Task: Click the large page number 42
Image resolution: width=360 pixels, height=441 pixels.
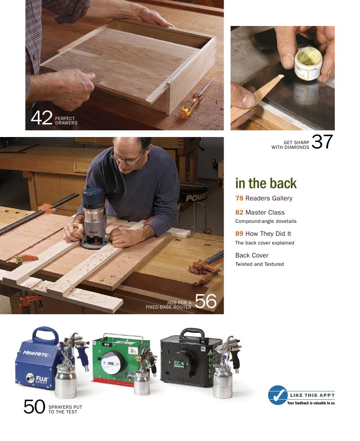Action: tap(41, 118)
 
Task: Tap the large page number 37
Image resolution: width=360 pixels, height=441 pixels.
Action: tap(322, 142)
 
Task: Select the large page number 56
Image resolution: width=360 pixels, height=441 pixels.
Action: tap(206, 302)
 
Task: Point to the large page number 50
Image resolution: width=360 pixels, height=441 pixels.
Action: tap(34, 407)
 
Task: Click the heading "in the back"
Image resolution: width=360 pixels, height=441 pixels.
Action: tap(266, 183)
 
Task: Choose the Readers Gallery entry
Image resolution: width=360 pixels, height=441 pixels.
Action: tap(264, 198)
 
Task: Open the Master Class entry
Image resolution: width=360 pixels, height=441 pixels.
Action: tap(260, 213)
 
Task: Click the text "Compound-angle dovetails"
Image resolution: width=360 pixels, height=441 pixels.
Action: tap(266, 221)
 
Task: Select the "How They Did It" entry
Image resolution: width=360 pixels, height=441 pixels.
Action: tap(263, 234)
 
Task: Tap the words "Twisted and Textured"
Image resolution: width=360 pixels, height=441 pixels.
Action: tap(260, 264)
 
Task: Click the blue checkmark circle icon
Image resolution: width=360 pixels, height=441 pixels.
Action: tap(278, 395)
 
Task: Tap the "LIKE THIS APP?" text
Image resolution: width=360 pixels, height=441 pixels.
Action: tap(312, 395)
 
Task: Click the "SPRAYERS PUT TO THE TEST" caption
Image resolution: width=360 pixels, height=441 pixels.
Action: tap(65, 409)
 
